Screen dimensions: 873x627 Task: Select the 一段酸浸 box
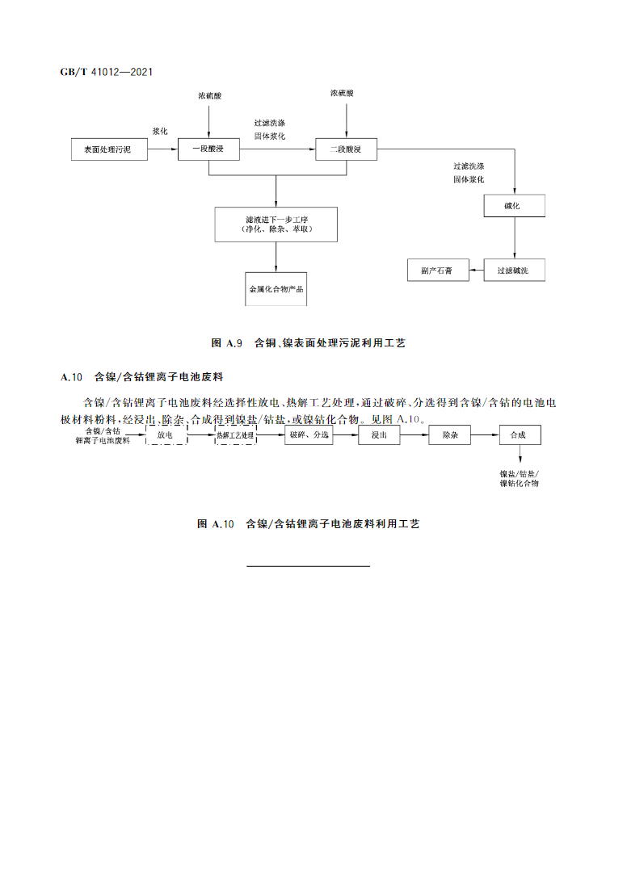pos(209,149)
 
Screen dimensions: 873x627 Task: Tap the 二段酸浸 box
pos(345,149)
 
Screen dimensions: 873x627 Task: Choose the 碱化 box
pos(515,206)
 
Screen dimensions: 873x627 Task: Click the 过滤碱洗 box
pos(515,271)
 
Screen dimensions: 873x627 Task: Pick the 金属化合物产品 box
pos(276,288)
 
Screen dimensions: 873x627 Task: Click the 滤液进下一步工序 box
pos(276,225)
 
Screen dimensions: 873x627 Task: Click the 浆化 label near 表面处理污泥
pos(159,131)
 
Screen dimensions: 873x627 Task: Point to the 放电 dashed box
pos(166,435)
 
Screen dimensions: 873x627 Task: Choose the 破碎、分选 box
pos(308,435)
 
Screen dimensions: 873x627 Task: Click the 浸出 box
pos(380,435)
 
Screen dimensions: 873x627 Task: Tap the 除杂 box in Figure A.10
pos(450,435)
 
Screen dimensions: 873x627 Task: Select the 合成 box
pos(519,435)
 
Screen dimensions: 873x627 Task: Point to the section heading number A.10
pos(73,377)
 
